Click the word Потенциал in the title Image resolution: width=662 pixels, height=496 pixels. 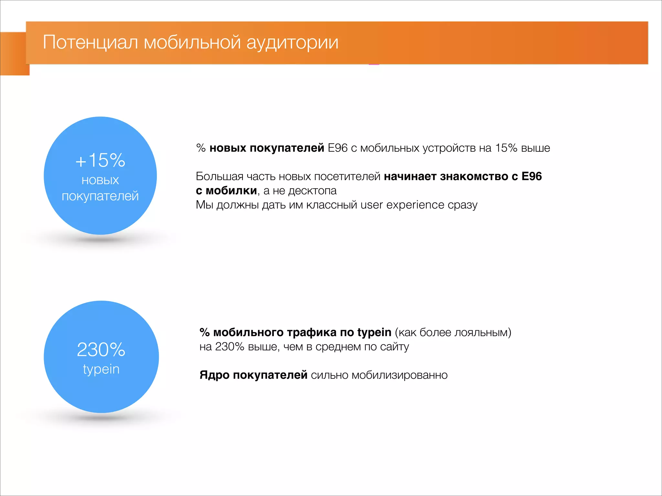point(91,42)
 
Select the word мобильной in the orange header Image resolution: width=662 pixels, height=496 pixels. point(192,42)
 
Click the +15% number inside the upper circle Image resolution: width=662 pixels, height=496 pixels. point(100,160)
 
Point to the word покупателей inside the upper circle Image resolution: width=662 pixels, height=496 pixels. point(100,196)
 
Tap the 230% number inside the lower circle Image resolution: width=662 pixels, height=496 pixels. point(101,349)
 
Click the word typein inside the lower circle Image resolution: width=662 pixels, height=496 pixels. point(101,369)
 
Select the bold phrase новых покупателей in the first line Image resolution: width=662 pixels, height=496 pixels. point(267,148)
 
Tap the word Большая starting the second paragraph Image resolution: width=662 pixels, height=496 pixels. point(219,176)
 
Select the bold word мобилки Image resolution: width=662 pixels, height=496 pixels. point(231,191)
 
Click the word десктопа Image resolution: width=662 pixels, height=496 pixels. point(312,191)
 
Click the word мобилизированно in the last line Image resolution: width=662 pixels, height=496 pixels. point(400,375)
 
